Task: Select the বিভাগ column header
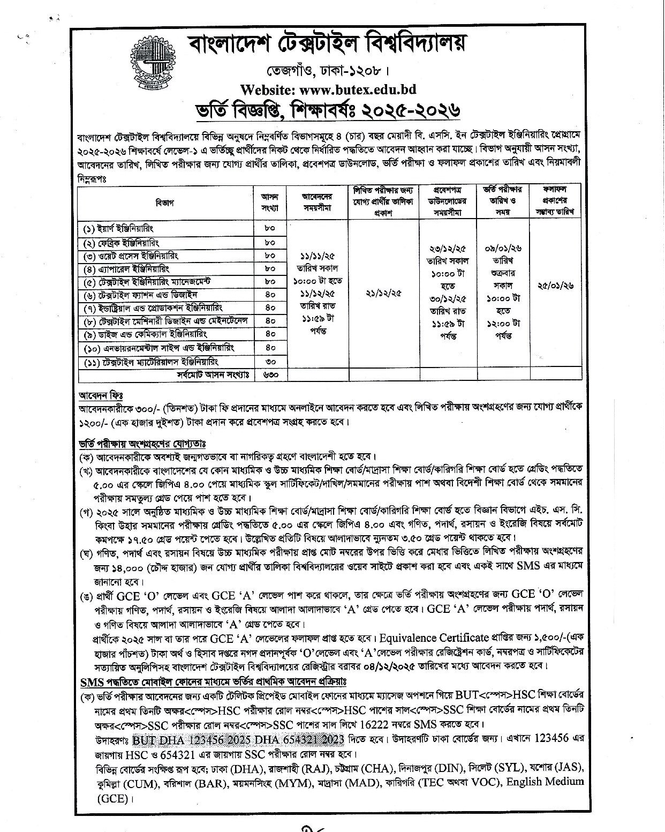(165, 203)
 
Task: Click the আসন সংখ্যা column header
(269, 203)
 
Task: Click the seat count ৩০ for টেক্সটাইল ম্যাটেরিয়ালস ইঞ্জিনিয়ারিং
(269, 362)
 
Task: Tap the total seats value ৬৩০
(269, 374)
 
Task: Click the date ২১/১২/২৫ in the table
(383, 293)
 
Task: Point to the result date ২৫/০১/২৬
(555, 286)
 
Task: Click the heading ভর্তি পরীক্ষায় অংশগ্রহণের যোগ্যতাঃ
(142, 444)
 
